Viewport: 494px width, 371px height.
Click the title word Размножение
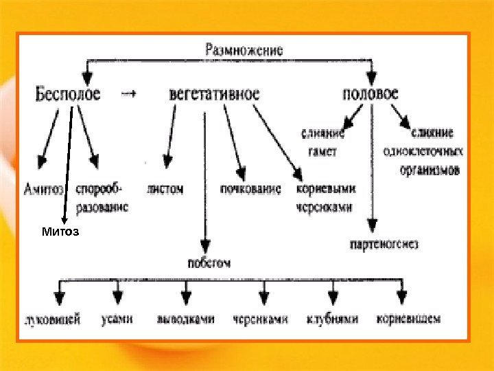(x=244, y=49)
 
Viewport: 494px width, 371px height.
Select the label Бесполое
(x=67, y=95)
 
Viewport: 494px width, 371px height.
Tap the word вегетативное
(x=214, y=95)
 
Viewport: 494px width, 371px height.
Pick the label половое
(x=370, y=94)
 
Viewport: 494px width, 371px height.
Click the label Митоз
(x=60, y=232)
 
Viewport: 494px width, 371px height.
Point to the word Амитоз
(x=43, y=188)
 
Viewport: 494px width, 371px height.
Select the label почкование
(x=250, y=188)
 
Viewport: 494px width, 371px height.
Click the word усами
(x=117, y=319)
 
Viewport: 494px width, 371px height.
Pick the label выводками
(x=185, y=319)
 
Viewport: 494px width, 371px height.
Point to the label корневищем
(x=408, y=319)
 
